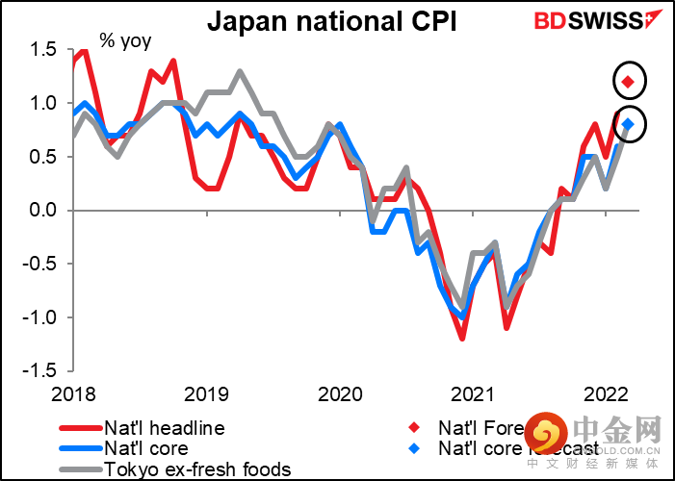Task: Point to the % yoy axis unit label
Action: pyautogui.click(x=125, y=42)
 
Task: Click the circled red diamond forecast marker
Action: pyautogui.click(x=629, y=82)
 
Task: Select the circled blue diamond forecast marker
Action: pyautogui.click(x=629, y=123)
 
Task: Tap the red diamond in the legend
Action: pyautogui.click(x=414, y=428)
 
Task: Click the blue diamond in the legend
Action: pyautogui.click(x=414, y=448)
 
